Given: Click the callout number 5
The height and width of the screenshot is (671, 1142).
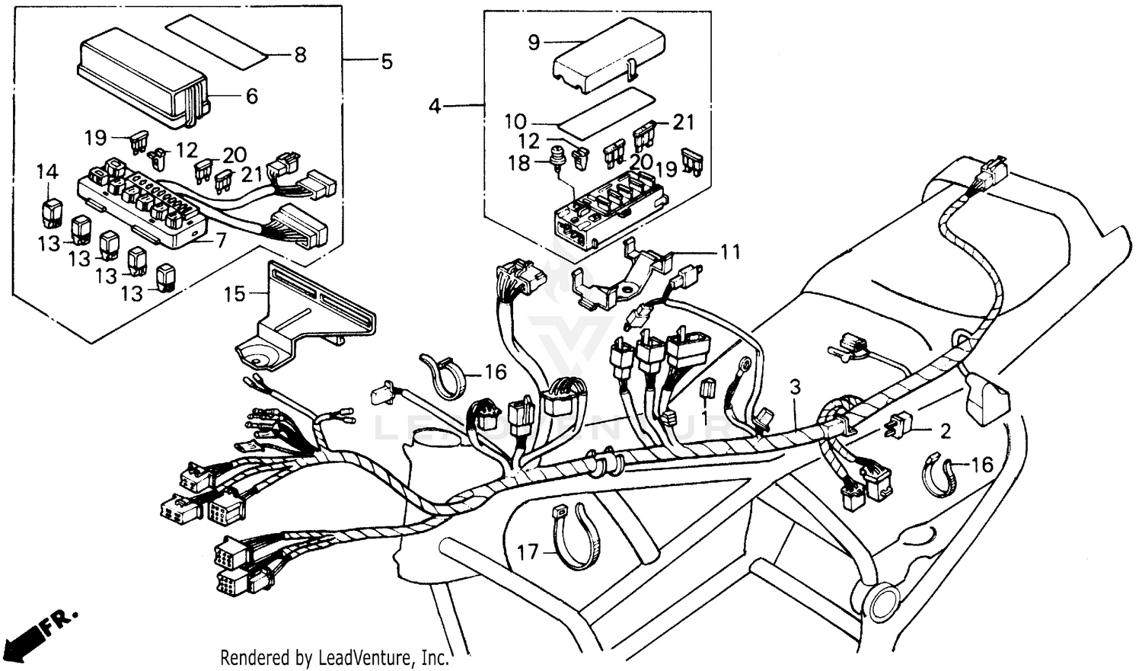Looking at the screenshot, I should pos(387,61).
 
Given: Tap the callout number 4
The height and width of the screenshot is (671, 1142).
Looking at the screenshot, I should pos(434,106).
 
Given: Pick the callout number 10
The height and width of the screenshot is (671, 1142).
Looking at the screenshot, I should pos(515,122).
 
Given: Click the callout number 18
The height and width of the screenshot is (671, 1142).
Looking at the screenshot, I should pos(518,163).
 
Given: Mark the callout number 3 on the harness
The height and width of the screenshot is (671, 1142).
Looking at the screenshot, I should pos(795,387).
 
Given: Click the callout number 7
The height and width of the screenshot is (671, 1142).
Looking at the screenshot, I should pos(220,241).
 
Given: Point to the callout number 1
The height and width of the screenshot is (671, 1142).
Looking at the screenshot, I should pos(704,417).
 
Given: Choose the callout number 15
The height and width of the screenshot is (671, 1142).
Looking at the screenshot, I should pos(234,292).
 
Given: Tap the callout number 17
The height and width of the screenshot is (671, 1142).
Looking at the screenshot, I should pos(528,551).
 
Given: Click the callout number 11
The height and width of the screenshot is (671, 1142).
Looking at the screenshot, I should pos(730,251).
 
